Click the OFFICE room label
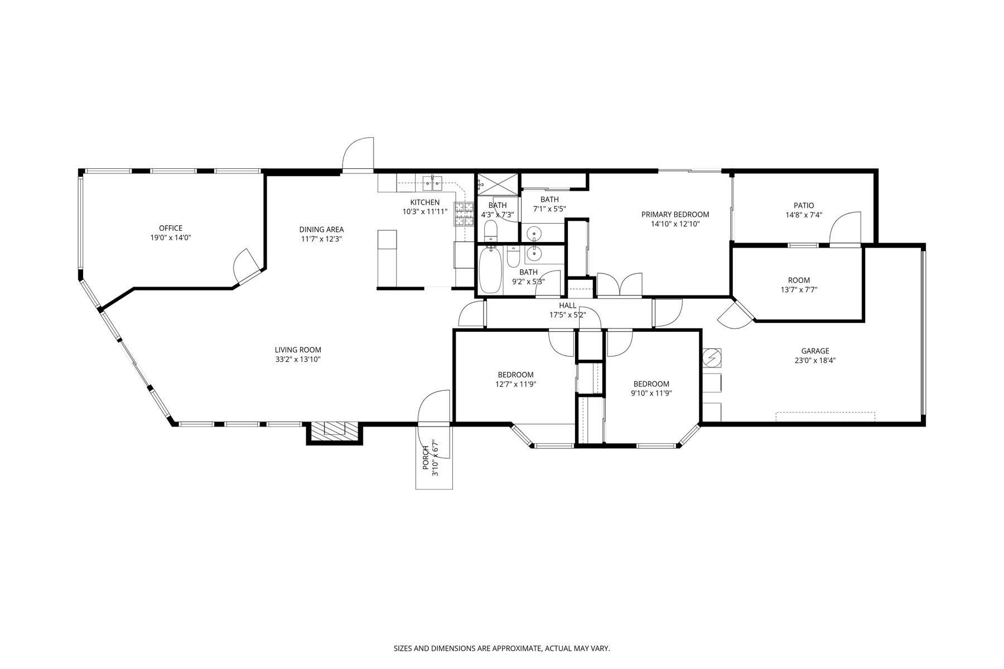(171, 228)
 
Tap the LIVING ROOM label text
(298, 350)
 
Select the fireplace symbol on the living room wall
(335, 428)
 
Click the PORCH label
(426, 457)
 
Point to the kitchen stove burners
(463, 215)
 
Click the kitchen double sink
(432, 181)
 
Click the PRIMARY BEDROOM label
(675, 215)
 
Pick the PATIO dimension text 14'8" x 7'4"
(804, 215)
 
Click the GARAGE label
(815, 351)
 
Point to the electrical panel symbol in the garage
(712, 358)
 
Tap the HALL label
(568, 306)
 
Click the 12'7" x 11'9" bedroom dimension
(515, 384)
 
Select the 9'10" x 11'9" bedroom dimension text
(651, 393)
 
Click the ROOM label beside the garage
(799, 280)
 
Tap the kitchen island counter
(387, 257)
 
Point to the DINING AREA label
(321, 229)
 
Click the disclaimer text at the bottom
(502, 648)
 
